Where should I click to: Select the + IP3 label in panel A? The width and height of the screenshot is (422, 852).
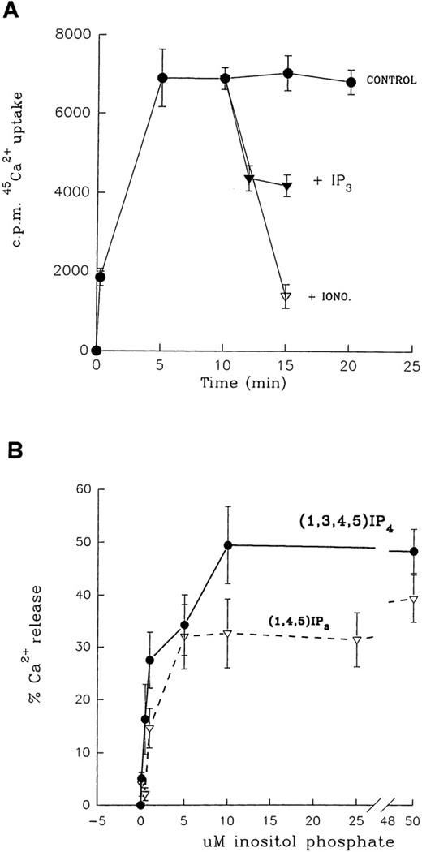tap(330, 182)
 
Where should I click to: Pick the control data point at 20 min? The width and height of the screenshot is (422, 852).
tap(351, 82)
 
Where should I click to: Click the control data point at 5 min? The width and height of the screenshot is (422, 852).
tap(162, 78)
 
